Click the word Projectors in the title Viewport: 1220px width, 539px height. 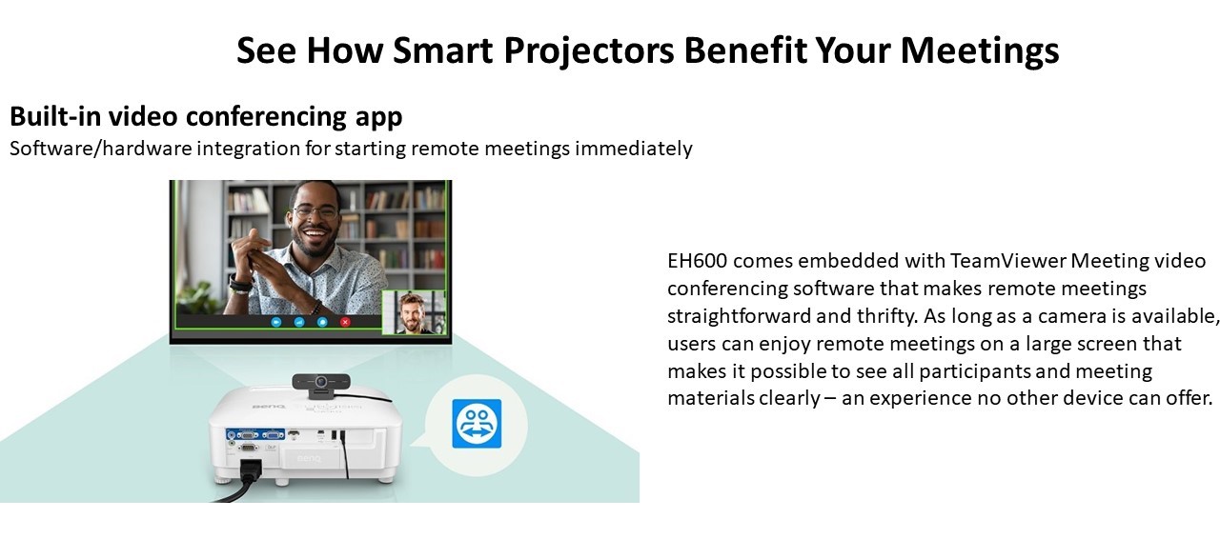588,51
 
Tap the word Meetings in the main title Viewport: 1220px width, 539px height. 979,51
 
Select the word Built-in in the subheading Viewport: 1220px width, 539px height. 55,116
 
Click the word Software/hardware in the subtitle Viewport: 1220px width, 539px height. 101,149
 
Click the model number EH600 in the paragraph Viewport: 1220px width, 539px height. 697,261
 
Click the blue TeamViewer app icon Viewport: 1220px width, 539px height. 477,424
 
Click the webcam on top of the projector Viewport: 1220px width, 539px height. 320,385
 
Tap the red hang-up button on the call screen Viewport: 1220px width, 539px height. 345,322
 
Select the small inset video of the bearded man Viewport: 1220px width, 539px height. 415,312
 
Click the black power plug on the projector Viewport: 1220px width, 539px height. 251,469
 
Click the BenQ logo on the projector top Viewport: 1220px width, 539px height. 268,407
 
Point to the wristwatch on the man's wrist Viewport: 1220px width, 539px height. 240,284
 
